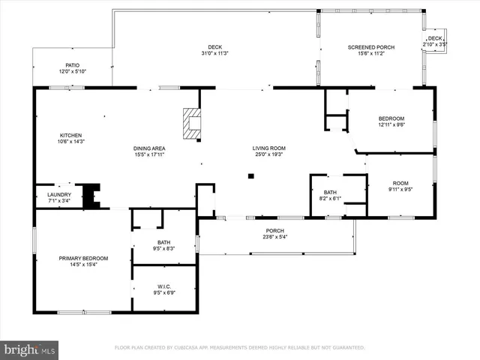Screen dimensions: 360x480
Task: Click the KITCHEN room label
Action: coord(70,136)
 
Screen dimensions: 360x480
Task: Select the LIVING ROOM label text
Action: coord(268,148)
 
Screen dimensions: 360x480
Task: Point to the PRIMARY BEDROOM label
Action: coord(83,258)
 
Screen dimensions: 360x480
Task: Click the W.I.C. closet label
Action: coord(165,286)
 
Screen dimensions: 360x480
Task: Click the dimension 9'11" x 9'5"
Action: coord(400,190)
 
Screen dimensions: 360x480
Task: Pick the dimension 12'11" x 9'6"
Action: coord(391,126)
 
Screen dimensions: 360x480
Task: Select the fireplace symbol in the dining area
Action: coord(193,124)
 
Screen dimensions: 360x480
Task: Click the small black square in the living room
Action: coord(251,177)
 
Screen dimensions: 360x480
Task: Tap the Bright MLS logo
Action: coord(30,349)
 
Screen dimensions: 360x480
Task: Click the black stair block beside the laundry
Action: coord(91,195)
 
